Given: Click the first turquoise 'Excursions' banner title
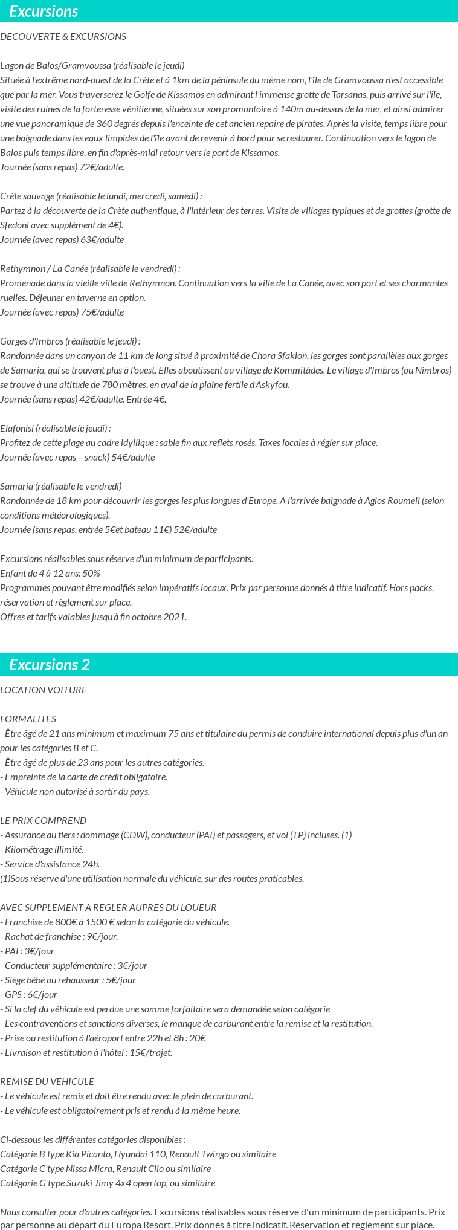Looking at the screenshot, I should (44, 11).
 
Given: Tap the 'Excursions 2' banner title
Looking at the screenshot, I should (50, 665).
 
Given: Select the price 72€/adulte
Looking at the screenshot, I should (102, 167).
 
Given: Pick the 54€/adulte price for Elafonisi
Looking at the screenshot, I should (133, 458).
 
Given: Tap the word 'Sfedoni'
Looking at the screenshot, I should (15, 225).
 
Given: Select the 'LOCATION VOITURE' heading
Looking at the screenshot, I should (44, 690).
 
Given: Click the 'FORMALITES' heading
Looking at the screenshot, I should (28, 719).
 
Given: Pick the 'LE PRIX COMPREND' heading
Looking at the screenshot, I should (44, 821).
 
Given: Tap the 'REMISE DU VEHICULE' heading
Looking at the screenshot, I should (47, 1082).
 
